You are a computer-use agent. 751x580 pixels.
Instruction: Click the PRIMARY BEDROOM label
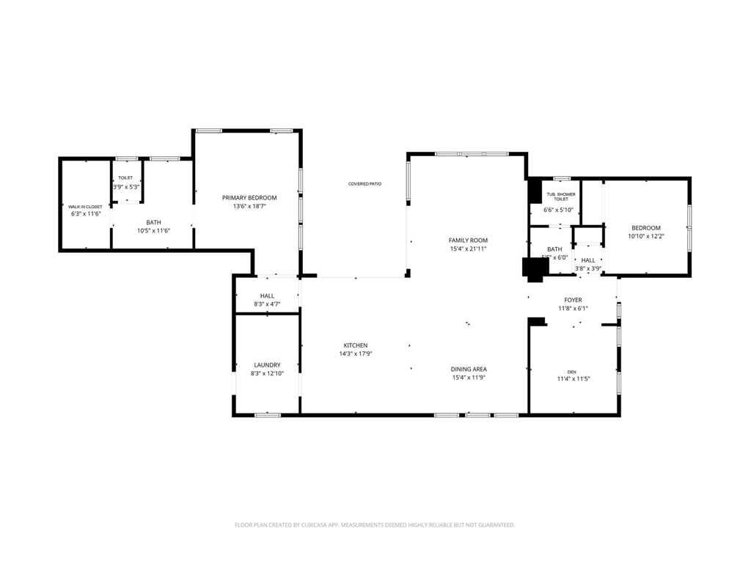(x=249, y=197)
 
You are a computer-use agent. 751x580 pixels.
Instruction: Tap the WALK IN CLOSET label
(x=85, y=207)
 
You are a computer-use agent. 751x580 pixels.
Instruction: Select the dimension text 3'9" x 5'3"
(x=125, y=187)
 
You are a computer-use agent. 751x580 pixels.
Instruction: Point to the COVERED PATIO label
(x=364, y=184)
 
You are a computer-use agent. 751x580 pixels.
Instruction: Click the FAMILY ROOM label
(x=468, y=240)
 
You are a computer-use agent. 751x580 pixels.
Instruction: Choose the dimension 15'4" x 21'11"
(x=468, y=249)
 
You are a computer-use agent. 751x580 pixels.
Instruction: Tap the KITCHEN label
(x=356, y=345)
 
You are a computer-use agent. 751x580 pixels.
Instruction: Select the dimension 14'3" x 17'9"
(x=356, y=354)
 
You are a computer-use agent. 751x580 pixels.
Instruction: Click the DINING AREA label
(x=469, y=369)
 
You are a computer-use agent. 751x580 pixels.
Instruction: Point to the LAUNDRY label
(x=267, y=364)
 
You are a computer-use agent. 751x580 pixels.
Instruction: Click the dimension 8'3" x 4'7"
(x=267, y=304)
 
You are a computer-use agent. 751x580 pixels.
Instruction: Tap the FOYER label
(x=573, y=300)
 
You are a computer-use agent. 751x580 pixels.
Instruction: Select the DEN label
(x=572, y=372)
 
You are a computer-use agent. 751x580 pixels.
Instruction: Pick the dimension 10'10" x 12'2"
(x=646, y=236)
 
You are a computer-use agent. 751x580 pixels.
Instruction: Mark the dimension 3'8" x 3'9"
(x=588, y=268)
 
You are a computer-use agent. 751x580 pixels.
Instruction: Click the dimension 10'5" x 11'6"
(x=153, y=230)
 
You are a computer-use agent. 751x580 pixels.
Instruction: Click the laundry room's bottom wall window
(x=267, y=415)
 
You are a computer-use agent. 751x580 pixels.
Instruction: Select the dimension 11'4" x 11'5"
(x=572, y=379)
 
